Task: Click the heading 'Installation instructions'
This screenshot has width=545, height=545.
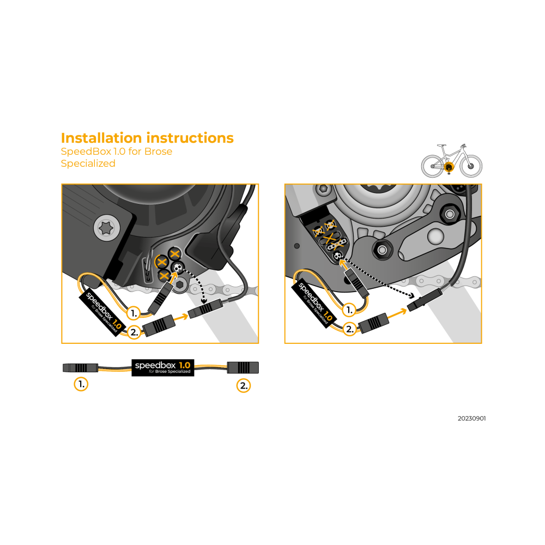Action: (147, 138)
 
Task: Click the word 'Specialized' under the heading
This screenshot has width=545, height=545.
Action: (88, 163)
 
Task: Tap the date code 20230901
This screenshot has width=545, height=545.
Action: (471, 419)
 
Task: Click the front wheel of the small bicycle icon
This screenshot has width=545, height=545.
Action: (471, 166)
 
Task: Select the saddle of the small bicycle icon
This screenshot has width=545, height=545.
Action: (441, 146)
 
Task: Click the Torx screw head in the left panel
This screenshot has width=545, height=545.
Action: (107, 228)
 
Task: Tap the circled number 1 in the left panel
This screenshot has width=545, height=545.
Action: (134, 313)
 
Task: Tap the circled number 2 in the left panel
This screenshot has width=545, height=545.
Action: (134, 332)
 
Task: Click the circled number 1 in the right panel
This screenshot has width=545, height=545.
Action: (349, 310)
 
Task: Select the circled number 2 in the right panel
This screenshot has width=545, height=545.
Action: (350, 329)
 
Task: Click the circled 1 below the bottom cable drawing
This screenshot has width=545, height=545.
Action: (81, 384)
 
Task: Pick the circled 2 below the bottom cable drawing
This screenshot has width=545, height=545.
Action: (244, 385)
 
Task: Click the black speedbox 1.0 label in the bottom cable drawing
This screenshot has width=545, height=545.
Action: (162, 367)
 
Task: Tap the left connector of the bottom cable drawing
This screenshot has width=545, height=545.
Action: (80, 368)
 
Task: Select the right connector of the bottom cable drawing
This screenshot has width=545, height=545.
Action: (243, 367)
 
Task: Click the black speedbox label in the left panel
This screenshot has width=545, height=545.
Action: (102, 312)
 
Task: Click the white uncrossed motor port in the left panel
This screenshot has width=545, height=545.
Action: (178, 268)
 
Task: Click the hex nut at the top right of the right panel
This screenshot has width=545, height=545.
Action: (450, 214)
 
